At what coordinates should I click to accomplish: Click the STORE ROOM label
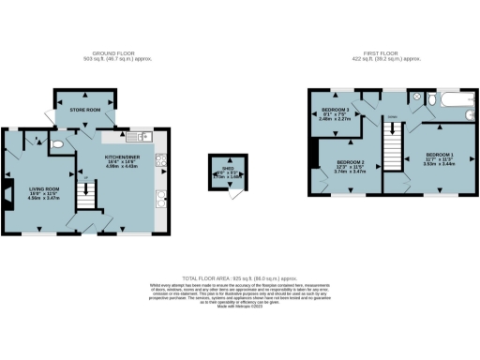pos(85,111)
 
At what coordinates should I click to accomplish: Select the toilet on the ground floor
pos(59,144)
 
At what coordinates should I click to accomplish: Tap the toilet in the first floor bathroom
pos(417,97)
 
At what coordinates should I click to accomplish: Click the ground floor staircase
pos(86,196)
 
